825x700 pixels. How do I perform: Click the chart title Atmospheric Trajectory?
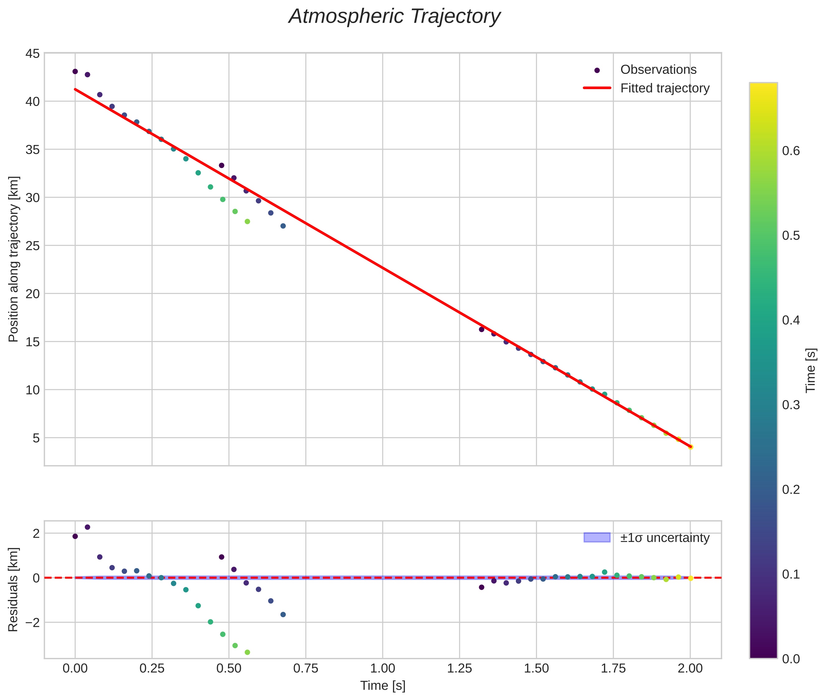394,17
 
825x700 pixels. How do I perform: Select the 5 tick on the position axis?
36,438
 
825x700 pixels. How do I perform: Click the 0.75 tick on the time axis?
306,669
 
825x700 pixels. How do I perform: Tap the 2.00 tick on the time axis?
690,669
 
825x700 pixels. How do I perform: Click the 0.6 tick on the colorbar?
790,151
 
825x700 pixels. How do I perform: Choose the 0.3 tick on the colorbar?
790,405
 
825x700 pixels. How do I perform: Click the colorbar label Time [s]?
810,370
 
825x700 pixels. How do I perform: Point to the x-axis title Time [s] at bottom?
383,686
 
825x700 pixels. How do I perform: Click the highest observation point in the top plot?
75,71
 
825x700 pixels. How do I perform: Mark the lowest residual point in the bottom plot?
247,652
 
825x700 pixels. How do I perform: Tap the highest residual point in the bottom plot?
87,527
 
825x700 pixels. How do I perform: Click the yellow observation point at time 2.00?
690,447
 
